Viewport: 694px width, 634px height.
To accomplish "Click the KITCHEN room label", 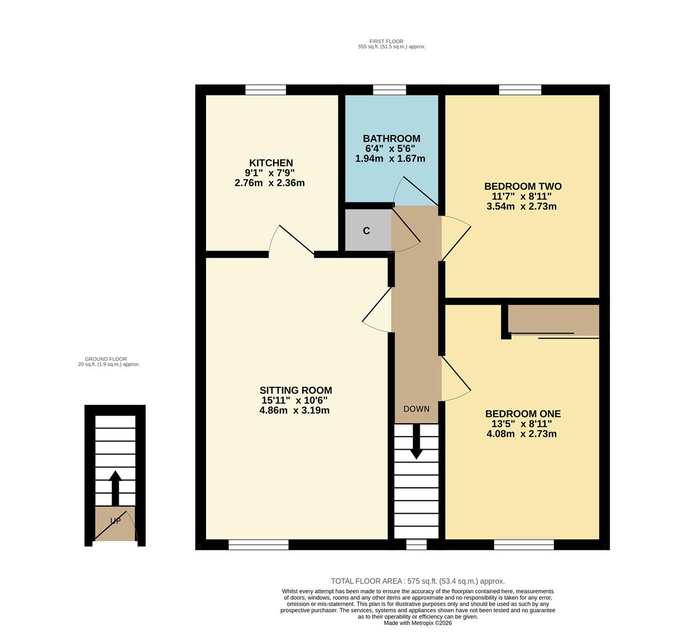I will tap(271, 163).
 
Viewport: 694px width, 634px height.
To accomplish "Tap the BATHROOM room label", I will tap(391, 139).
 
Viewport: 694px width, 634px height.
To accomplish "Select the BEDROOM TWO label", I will tap(523, 186).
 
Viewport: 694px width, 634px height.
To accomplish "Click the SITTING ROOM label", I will tap(295, 390).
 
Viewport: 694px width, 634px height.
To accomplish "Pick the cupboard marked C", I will tap(367, 231).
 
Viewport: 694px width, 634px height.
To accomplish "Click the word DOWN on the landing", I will tap(416, 409).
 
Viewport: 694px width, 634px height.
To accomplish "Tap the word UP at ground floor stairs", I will tap(115, 521).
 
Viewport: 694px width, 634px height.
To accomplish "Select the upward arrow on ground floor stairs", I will tap(115, 486).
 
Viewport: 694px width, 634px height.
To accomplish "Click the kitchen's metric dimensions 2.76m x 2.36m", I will tap(269, 183).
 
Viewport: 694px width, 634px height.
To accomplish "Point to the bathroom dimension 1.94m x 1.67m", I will tap(390, 158).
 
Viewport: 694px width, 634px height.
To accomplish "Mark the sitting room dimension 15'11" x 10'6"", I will tap(294, 400).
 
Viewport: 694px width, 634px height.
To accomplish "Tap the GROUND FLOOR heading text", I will tap(106, 359).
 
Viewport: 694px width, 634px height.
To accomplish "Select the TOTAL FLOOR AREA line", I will tap(417, 581).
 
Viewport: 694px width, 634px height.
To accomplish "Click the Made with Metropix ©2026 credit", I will tap(417, 623).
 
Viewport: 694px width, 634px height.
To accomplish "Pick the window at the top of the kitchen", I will tap(265, 90).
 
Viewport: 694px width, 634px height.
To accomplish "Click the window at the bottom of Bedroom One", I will tap(524, 545).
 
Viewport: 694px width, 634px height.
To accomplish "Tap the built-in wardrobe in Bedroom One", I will tap(552, 319).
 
